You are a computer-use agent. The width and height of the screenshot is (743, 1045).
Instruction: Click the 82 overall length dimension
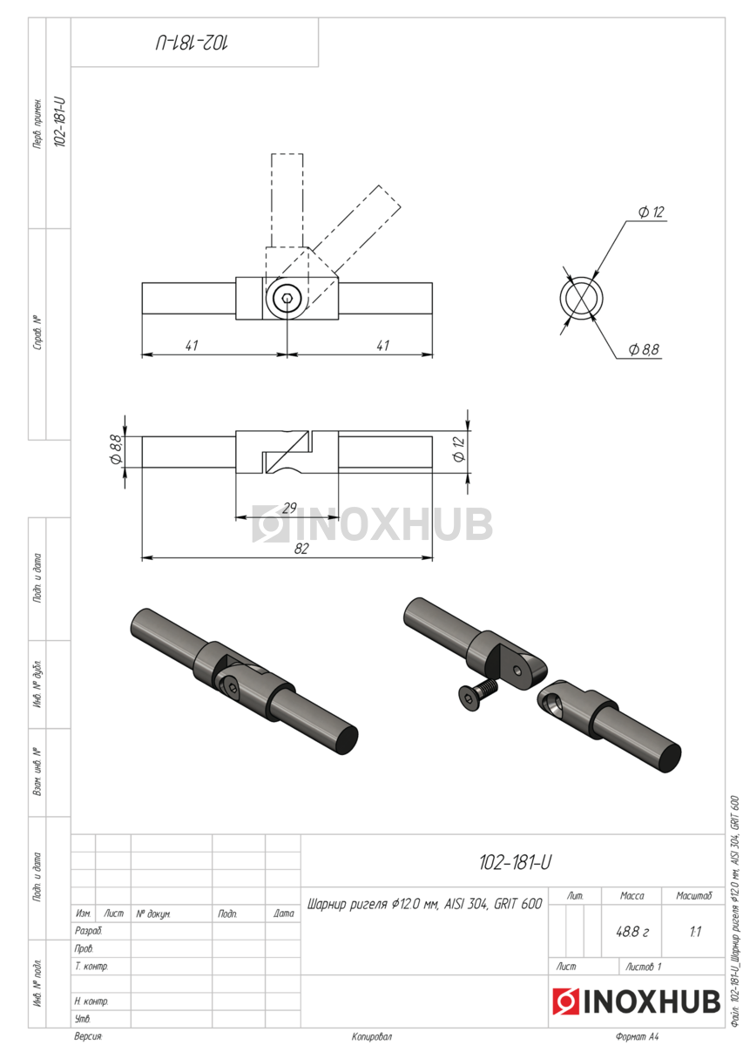[301, 549]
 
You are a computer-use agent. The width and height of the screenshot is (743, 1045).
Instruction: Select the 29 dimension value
[289, 508]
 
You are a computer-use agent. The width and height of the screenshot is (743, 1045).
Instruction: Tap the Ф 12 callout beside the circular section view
[651, 212]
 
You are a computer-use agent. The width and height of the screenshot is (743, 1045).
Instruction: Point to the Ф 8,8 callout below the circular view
[644, 349]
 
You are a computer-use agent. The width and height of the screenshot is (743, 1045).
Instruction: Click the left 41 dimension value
[192, 346]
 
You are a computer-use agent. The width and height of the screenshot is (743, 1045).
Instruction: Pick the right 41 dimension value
[382, 346]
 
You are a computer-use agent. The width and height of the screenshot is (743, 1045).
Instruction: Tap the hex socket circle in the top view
[287, 298]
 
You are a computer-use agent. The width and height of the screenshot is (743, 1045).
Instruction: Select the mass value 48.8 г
[632, 932]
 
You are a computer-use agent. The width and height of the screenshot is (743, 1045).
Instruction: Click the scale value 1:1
[695, 932]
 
